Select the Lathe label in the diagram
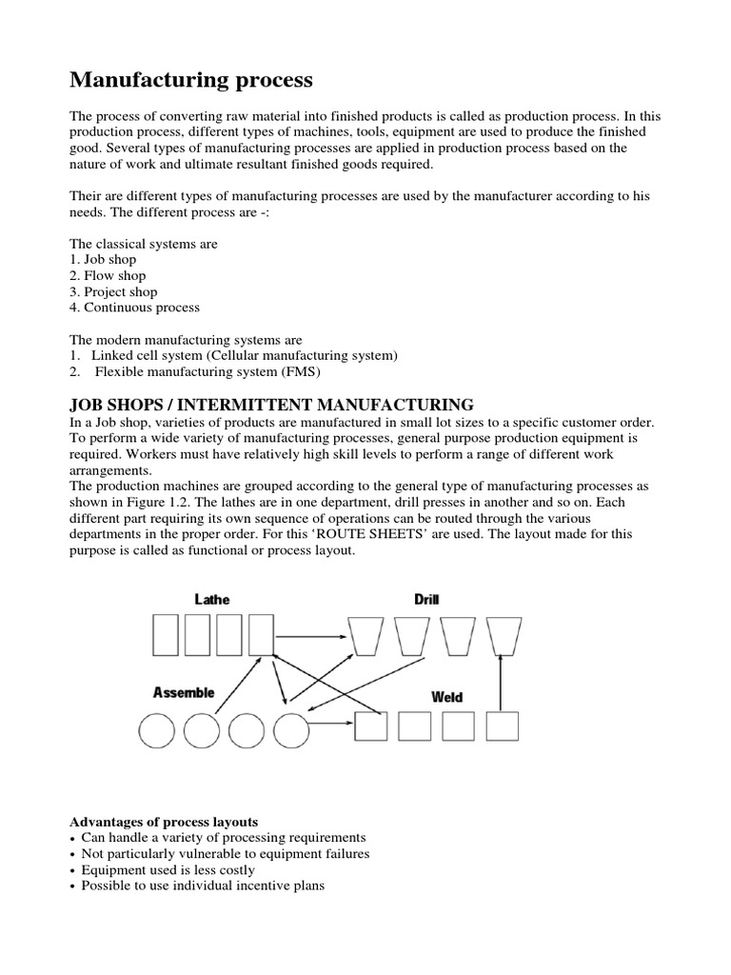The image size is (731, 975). tap(211, 599)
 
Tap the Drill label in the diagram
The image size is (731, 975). tap(426, 599)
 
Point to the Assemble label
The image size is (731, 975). tap(185, 692)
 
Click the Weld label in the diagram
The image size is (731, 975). tap(446, 697)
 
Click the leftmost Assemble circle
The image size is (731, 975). tap(157, 731)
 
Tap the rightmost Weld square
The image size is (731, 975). tap(502, 726)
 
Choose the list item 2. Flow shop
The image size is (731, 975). tap(109, 276)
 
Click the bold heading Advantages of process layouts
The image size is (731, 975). tap(164, 821)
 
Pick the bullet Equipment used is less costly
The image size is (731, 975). tap(168, 869)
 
